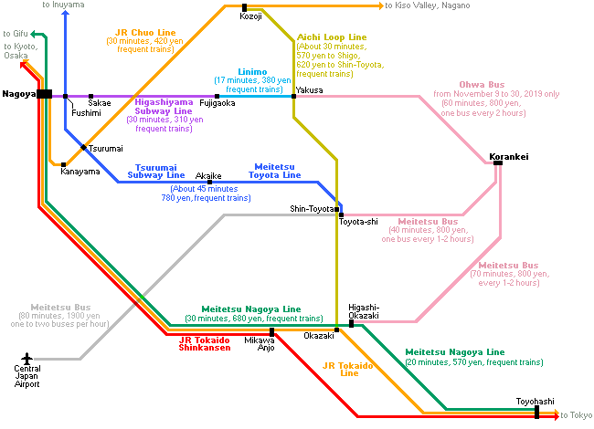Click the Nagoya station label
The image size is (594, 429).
[x=19, y=94]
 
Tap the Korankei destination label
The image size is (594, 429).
[x=509, y=157]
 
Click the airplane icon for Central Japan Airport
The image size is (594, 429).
[x=27, y=358]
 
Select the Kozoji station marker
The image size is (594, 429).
[x=244, y=7]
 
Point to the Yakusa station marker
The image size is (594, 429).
[x=293, y=97]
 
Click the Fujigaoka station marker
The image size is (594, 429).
[x=217, y=97]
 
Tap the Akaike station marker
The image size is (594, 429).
[x=209, y=182]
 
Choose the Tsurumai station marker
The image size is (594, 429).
[x=84, y=147]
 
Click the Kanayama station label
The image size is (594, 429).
[x=80, y=172]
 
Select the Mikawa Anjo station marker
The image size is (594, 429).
[x=271, y=332]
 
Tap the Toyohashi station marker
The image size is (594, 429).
[x=536, y=412]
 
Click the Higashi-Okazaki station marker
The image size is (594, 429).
[x=351, y=323]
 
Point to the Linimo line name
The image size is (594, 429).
[x=252, y=72]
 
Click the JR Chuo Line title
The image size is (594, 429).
[x=145, y=33]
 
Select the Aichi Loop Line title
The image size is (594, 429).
[x=332, y=37]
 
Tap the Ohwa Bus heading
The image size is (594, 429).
[x=482, y=84]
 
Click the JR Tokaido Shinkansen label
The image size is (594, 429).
[x=205, y=344]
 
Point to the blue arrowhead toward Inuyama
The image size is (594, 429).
[x=66, y=14]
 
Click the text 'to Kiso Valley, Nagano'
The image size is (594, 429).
[x=428, y=5]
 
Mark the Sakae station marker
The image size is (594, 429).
[x=90, y=97]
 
